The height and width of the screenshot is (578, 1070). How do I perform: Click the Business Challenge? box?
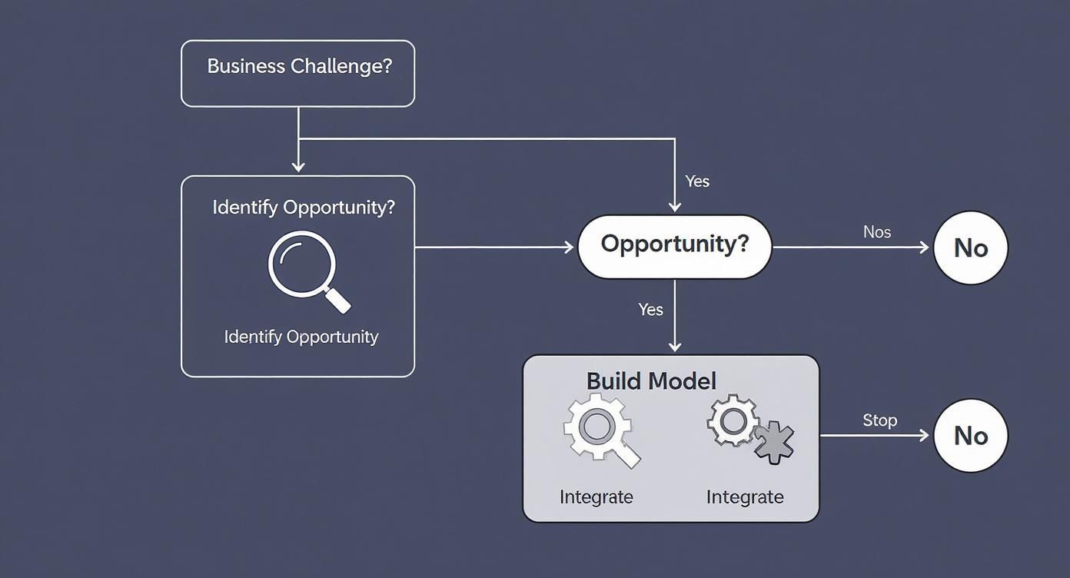coord(297,74)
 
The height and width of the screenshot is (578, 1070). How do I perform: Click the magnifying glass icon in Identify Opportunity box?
coord(307,271)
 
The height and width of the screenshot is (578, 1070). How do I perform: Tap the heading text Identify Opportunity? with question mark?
coord(304,208)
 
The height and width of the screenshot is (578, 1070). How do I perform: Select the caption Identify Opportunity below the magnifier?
coord(301,337)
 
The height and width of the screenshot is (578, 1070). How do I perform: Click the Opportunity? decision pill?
coord(674,246)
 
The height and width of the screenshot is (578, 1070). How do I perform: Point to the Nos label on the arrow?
coord(877,231)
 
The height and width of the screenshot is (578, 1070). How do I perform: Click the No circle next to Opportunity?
coord(970,247)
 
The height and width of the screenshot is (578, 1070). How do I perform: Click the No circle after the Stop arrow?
coord(970,435)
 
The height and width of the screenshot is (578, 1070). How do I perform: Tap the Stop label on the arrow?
coord(879,420)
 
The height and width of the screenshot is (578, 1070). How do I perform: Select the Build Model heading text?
coord(651,381)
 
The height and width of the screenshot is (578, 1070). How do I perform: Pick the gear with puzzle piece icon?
coord(749,429)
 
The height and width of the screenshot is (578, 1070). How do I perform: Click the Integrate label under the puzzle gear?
coord(745,497)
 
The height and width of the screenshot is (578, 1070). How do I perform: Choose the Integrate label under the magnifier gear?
coord(596,497)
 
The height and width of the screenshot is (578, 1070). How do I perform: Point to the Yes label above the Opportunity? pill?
coord(697,181)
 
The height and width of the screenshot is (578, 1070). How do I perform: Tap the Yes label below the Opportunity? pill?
coord(650,309)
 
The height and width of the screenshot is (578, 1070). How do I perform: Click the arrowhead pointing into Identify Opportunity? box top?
coord(298,167)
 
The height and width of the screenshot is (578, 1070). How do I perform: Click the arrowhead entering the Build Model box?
coord(674,347)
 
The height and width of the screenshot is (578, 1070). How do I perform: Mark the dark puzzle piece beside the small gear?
coord(774,443)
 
